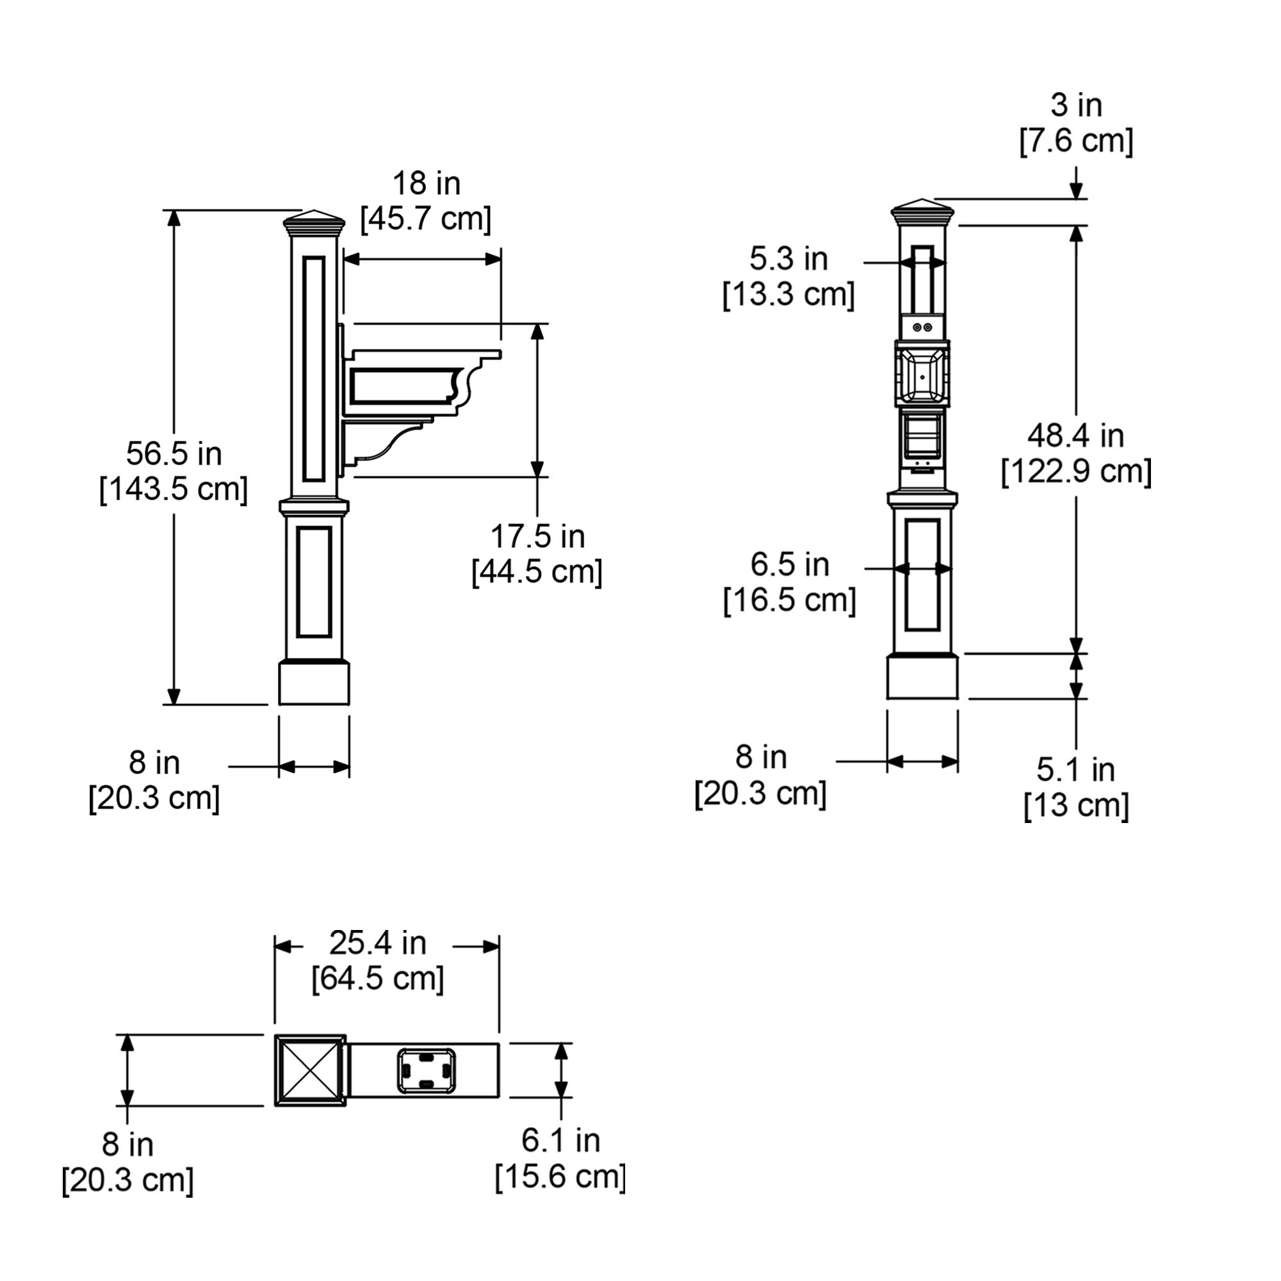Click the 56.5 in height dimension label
click(x=174, y=454)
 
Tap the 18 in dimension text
click(x=426, y=184)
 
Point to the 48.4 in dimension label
click(x=1075, y=436)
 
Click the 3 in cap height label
click(x=1075, y=106)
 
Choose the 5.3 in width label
click(x=788, y=259)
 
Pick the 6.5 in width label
click(x=789, y=565)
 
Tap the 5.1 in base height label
click(x=1075, y=770)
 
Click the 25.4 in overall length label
click(x=377, y=943)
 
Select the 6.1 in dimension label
click(x=560, y=1141)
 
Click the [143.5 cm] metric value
click(x=174, y=490)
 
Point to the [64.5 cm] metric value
click(x=377, y=979)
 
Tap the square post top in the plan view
click(x=310, y=1070)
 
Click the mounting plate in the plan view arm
click(x=426, y=1070)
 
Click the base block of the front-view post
click(x=922, y=677)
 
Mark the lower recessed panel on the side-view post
click(x=314, y=582)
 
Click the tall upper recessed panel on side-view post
click(x=314, y=369)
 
